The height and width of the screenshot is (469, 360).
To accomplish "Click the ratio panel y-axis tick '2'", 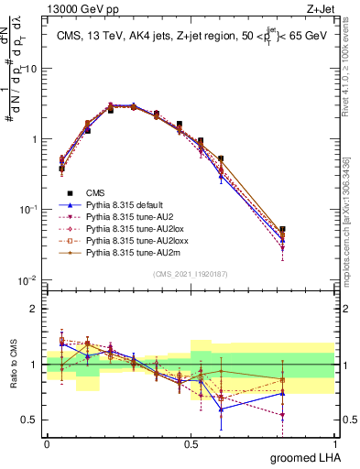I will pos(35,309).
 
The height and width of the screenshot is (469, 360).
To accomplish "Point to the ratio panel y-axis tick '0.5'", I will pos(30,420).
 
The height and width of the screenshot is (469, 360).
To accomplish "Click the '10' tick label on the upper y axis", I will pos(30,69).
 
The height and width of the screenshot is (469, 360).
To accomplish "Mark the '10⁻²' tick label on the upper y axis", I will pos(28,279).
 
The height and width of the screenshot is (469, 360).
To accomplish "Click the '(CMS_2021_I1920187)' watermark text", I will pos(191,274).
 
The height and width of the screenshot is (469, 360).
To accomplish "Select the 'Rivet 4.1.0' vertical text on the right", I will pos(351,73).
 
